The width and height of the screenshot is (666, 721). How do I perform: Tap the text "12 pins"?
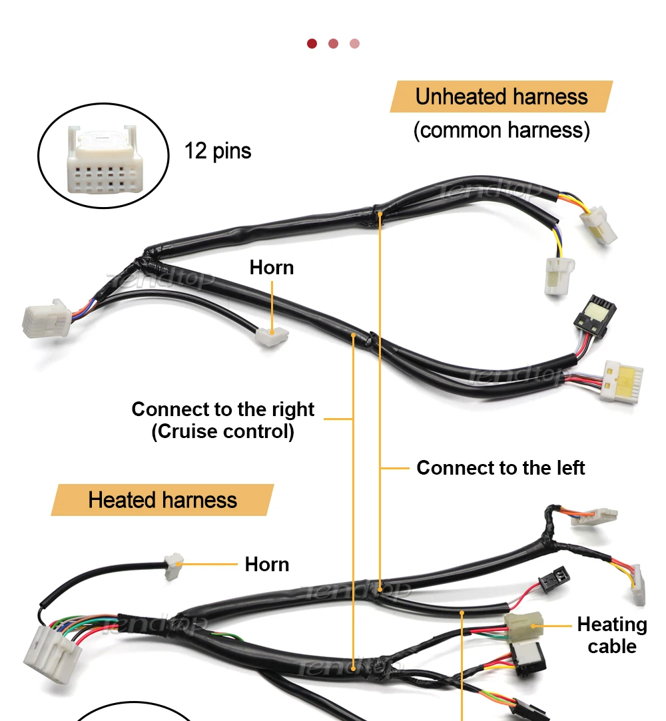pyautogui.click(x=218, y=151)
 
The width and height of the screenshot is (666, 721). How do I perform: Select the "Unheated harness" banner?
pyautogui.click(x=501, y=97)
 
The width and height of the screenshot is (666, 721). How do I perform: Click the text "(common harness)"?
pyautogui.click(x=501, y=130)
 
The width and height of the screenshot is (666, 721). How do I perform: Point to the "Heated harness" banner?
pyautogui.click(x=163, y=500)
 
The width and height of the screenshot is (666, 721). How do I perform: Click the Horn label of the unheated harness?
pyautogui.click(x=272, y=268)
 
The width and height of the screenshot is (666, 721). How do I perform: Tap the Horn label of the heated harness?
pyautogui.click(x=267, y=565)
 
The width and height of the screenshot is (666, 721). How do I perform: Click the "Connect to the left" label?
pyautogui.click(x=500, y=468)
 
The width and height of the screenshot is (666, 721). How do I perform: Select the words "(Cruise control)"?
pyautogui.click(x=222, y=431)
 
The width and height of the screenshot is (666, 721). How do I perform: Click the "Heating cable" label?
pyautogui.click(x=611, y=635)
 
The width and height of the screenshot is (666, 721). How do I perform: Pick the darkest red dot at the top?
pyautogui.click(x=312, y=44)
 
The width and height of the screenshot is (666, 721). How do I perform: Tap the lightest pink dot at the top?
pyautogui.click(x=354, y=44)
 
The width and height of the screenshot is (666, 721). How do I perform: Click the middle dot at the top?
pyautogui.click(x=333, y=44)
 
